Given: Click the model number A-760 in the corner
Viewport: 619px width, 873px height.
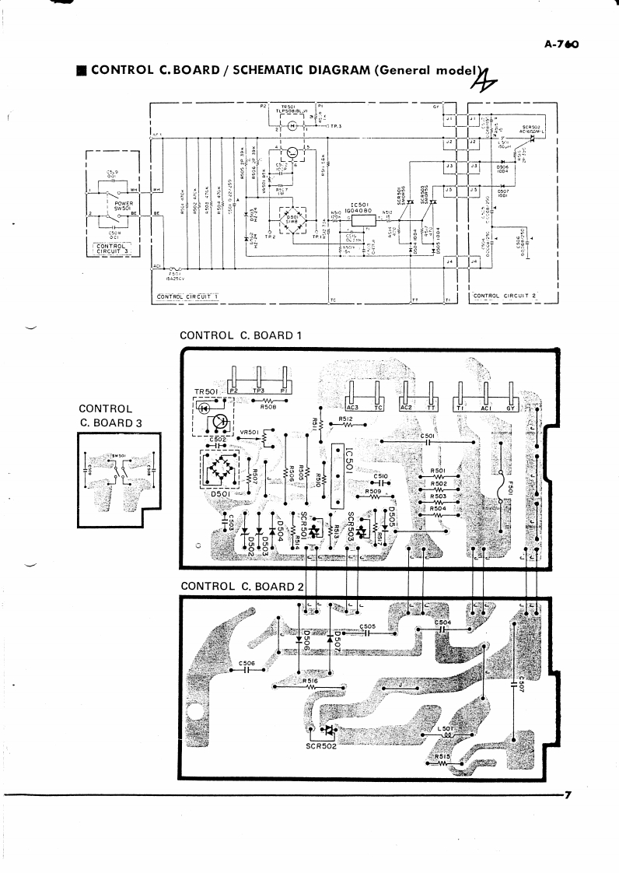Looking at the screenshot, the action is [564, 44].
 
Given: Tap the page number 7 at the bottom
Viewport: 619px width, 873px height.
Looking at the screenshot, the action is [568, 794].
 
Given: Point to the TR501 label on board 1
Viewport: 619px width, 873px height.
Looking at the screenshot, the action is [209, 391].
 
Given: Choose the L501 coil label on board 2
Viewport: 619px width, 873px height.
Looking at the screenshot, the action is [446, 729].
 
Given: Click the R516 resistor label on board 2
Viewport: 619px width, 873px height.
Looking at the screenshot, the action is [311, 681].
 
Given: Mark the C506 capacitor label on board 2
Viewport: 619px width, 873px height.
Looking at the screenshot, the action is [247, 663].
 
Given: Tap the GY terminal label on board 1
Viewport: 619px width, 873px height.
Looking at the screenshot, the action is [511, 406].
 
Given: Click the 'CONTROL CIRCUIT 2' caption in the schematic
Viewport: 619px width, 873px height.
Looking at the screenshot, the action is [505, 296].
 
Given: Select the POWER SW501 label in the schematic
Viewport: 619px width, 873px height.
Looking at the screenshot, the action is [124, 206].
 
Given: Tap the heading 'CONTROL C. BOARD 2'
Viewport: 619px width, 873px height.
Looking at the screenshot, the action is [241, 586].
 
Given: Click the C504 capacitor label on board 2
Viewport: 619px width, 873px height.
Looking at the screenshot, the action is [442, 623].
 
